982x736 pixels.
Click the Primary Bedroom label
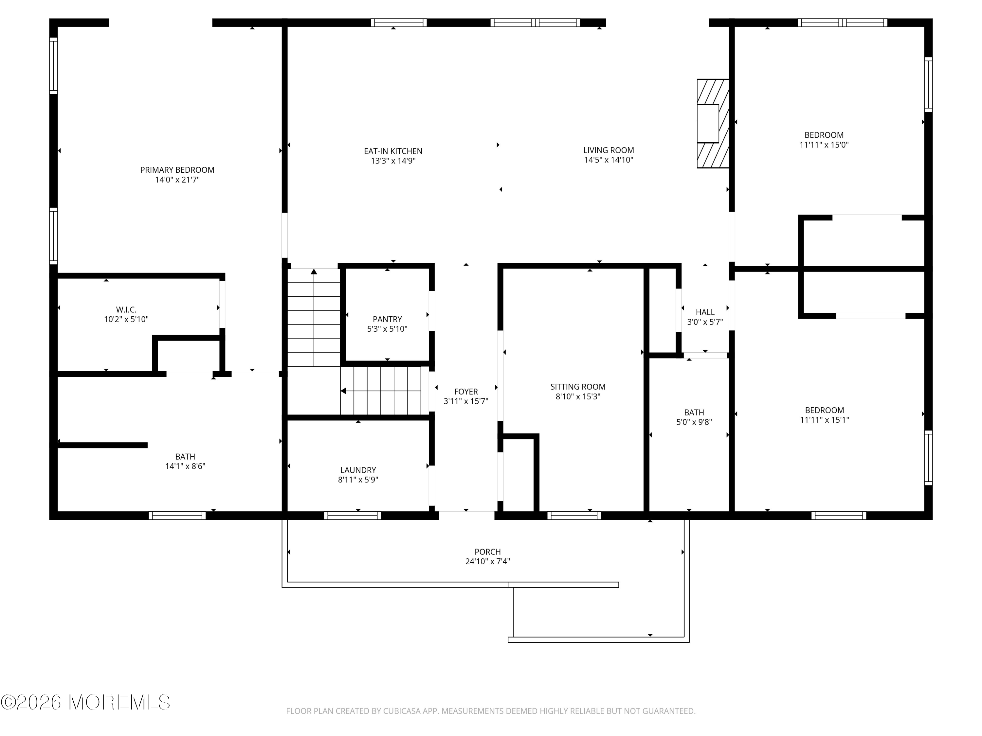pyautogui.click(x=177, y=170)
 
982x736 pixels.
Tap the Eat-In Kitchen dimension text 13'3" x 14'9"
pyautogui.click(x=393, y=161)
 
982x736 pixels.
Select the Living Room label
pyautogui.click(x=609, y=150)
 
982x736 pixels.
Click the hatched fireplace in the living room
pyautogui.click(x=713, y=123)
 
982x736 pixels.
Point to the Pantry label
pyautogui.click(x=387, y=319)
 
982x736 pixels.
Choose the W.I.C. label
pyautogui.click(x=126, y=310)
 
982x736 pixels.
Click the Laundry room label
pyautogui.click(x=358, y=470)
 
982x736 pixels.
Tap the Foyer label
pyautogui.click(x=466, y=392)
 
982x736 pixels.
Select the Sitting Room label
pyautogui.click(x=578, y=387)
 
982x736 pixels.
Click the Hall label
pyautogui.click(x=705, y=312)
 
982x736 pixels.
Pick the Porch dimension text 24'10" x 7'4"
pyautogui.click(x=487, y=562)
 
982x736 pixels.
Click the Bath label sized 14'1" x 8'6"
pyautogui.click(x=185, y=457)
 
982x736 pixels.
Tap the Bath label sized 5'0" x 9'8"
pyautogui.click(x=694, y=412)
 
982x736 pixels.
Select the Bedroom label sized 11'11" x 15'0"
pyautogui.click(x=824, y=135)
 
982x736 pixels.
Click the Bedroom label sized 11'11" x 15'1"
pyautogui.click(x=825, y=411)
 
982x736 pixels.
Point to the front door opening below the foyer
pyautogui.click(x=466, y=516)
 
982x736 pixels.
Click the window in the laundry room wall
pyautogui.click(x=353, y=516)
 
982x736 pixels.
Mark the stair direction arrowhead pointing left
pyautogui.click(x=343, y=391)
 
